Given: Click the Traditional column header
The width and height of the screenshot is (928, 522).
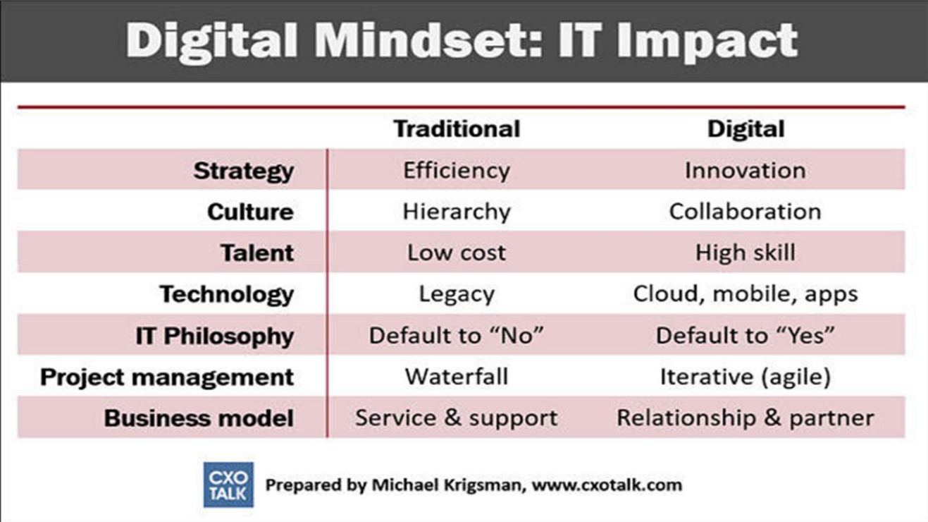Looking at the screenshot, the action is point(457,128).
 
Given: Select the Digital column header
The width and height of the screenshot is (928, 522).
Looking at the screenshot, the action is point(746,128).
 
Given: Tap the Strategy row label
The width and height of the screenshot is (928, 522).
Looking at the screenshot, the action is point(244,171).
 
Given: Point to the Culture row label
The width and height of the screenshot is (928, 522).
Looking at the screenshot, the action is point(250,212).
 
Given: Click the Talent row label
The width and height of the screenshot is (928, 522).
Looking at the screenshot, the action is point(257,253).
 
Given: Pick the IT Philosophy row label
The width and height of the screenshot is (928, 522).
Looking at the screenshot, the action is point(215,336).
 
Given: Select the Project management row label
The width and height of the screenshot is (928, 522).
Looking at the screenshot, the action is point(166,377).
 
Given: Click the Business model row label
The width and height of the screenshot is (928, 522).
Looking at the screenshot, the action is point(199,418).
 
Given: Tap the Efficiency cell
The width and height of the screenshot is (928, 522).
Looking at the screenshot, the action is point(457,171).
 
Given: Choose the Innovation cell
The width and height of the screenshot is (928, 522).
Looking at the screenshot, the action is point(746,171).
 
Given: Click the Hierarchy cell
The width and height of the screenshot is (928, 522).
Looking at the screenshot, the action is point(457,212).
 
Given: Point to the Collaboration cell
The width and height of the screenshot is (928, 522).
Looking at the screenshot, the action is point(746,212).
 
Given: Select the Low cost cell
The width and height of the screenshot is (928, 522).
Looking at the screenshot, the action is point(457,253).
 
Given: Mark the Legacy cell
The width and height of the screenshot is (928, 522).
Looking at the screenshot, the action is point(457,295).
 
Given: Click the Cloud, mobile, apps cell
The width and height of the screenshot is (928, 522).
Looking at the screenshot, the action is point(746,294).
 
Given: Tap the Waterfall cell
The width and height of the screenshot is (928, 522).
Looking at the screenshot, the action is point(457,377).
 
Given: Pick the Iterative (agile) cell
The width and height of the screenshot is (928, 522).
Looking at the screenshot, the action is point(746,377).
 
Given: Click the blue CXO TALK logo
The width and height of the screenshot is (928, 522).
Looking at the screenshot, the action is point(228,485).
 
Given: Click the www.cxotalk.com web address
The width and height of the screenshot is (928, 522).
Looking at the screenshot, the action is point(607,485).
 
